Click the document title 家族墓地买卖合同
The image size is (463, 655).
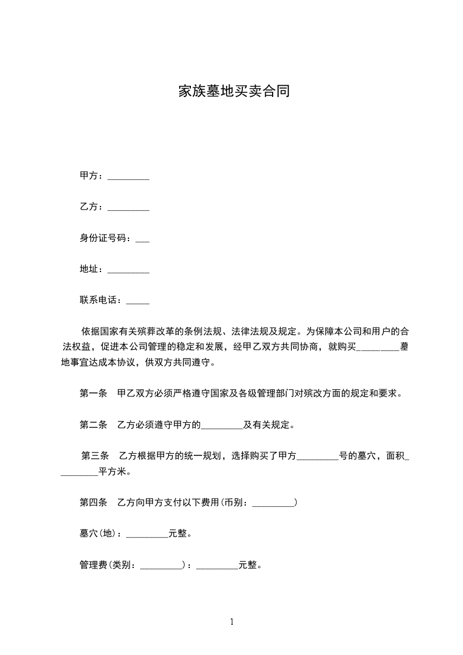pos(234,92)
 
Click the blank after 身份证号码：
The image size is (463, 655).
pos(142,240)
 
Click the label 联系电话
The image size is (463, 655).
pos(100,301)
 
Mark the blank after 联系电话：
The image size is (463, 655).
pos(137,302)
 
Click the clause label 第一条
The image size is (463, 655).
pos(93,393)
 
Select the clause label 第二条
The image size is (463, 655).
pos(93,424)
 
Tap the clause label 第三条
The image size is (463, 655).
pos(94,455)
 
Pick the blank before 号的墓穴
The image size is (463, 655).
pos(318,458)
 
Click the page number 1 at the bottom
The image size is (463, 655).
pos(232,622)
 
